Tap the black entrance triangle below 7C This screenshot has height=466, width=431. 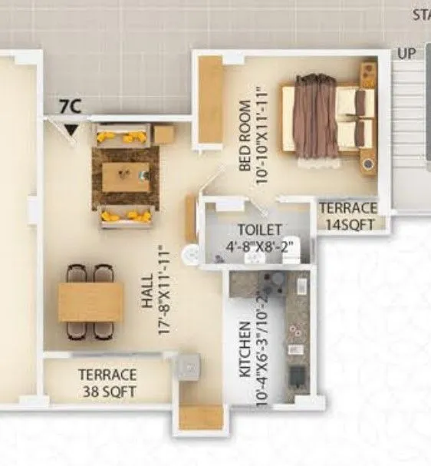(71, 130)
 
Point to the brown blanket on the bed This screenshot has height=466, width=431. (314, 115)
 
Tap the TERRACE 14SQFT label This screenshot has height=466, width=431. (348, 215)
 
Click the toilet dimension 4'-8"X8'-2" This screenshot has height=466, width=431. (259, 246)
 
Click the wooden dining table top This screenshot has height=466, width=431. (90, 302)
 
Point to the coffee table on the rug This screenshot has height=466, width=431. (126, 177)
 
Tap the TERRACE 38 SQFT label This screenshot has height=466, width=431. (107, 382)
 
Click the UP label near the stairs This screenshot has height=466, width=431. (406, 54)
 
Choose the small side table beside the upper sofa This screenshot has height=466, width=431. (163, 135)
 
